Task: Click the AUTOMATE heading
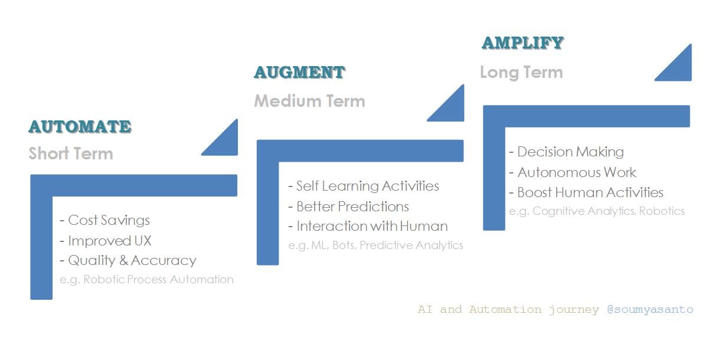click(80, 126)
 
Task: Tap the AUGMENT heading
click(299, 73)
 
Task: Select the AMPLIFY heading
click(522, 42)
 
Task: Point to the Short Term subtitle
click(71, 154)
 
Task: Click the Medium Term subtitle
click(309, 101)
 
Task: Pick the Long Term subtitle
click(521, 73)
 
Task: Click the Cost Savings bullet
click(105, 220)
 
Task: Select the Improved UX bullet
click(106, 241)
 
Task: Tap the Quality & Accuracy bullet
click(128, 260)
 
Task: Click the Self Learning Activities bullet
click(364, 186)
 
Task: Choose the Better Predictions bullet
click(348, 207)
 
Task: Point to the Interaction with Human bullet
click(368, 226)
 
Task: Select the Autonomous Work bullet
click(573, 172)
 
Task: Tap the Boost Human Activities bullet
click(586, 192)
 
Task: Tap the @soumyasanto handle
click(650, 309)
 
